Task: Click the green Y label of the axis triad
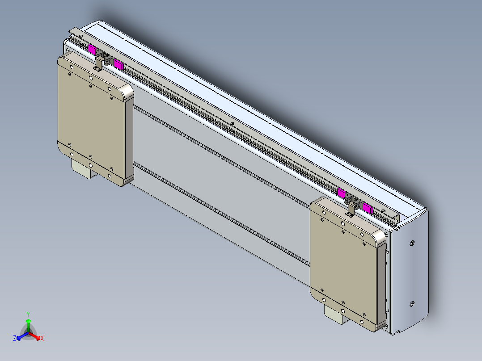(x=28, y=314)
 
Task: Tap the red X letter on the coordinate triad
(x=42, y=339)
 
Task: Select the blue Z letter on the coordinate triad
(x=15, y=339)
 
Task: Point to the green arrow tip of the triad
(x=28, y=321)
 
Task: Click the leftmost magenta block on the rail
(x=92, y=49)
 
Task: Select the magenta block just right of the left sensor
(x=118, y=64)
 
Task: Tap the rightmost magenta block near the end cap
(x=368, y=208)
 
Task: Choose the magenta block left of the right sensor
(x=341, y=193)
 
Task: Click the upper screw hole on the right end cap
(x=412, y=243)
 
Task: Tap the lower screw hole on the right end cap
(x=412, y=305)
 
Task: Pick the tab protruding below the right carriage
(x=335, y=314)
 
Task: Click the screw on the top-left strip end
(x=81, y=36)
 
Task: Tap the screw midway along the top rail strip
(x=232, y=123)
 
